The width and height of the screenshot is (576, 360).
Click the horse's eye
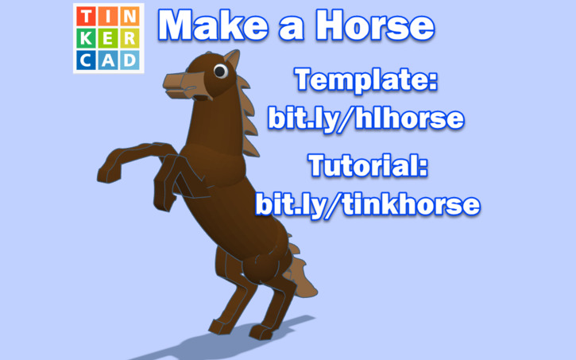[x=220, y=72]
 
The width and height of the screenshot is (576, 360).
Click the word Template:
[x=365, y=79]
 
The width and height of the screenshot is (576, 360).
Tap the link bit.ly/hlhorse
[x=365, y=118]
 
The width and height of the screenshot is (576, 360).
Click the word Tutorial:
[x=368, y=167]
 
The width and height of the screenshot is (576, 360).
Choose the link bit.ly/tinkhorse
[x=368, y=205]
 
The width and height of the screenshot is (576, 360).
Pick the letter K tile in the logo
[x=87, y=38]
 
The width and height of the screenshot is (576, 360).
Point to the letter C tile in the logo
[x=87, y=59]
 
